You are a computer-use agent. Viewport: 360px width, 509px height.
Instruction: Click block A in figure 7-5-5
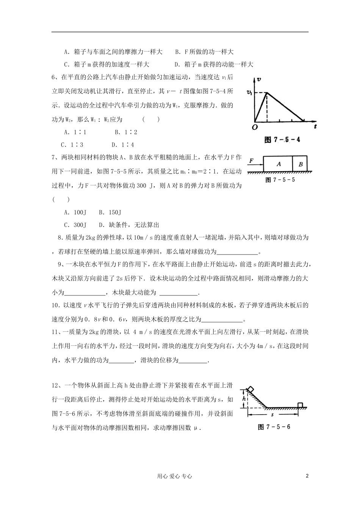tap(279, 164)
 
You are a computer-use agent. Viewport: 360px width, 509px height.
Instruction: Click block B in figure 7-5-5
tap(301, 164)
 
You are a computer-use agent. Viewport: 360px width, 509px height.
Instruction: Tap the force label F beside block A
tap(251, 161)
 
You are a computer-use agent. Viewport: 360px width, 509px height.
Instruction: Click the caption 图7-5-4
tap(282, 139)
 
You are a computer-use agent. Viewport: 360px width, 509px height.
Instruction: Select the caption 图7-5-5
tap(280, 180)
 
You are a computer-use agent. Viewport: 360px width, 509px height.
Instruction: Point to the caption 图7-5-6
tap(274, 427)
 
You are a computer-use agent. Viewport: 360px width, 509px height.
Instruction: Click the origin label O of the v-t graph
tap(255, 127)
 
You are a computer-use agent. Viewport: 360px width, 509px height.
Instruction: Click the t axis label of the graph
tap(315, 127)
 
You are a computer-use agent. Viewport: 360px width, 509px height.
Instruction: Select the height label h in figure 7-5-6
tap(244, 399)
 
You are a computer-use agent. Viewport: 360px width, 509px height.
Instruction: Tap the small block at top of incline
tap(251, 389)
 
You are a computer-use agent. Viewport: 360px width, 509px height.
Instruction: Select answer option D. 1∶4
tap(123, 145)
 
